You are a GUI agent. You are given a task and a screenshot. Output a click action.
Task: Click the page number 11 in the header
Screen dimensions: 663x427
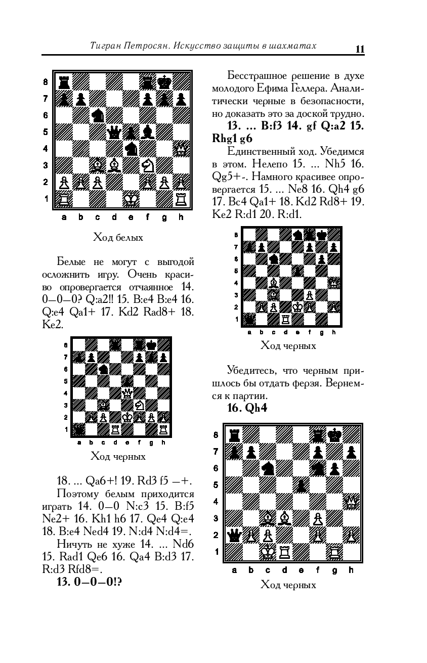coord(360,49)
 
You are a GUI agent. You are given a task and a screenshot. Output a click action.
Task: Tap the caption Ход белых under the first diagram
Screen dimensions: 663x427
coord(118,237)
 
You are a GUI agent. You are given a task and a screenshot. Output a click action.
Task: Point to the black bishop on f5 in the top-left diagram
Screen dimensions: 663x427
coord(148,132)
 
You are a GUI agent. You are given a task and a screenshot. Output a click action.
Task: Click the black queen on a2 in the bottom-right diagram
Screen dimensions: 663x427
coord(234,535)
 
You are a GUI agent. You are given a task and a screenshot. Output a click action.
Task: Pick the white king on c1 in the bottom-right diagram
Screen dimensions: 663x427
coord(267,551)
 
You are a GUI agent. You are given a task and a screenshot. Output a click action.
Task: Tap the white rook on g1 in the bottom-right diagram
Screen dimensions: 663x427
coord(334,551)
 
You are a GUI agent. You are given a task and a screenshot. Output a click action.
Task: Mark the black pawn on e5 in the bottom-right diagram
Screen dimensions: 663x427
coord(301,485)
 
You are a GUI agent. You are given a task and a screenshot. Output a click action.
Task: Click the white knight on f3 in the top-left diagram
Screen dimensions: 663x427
coord(148,165)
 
